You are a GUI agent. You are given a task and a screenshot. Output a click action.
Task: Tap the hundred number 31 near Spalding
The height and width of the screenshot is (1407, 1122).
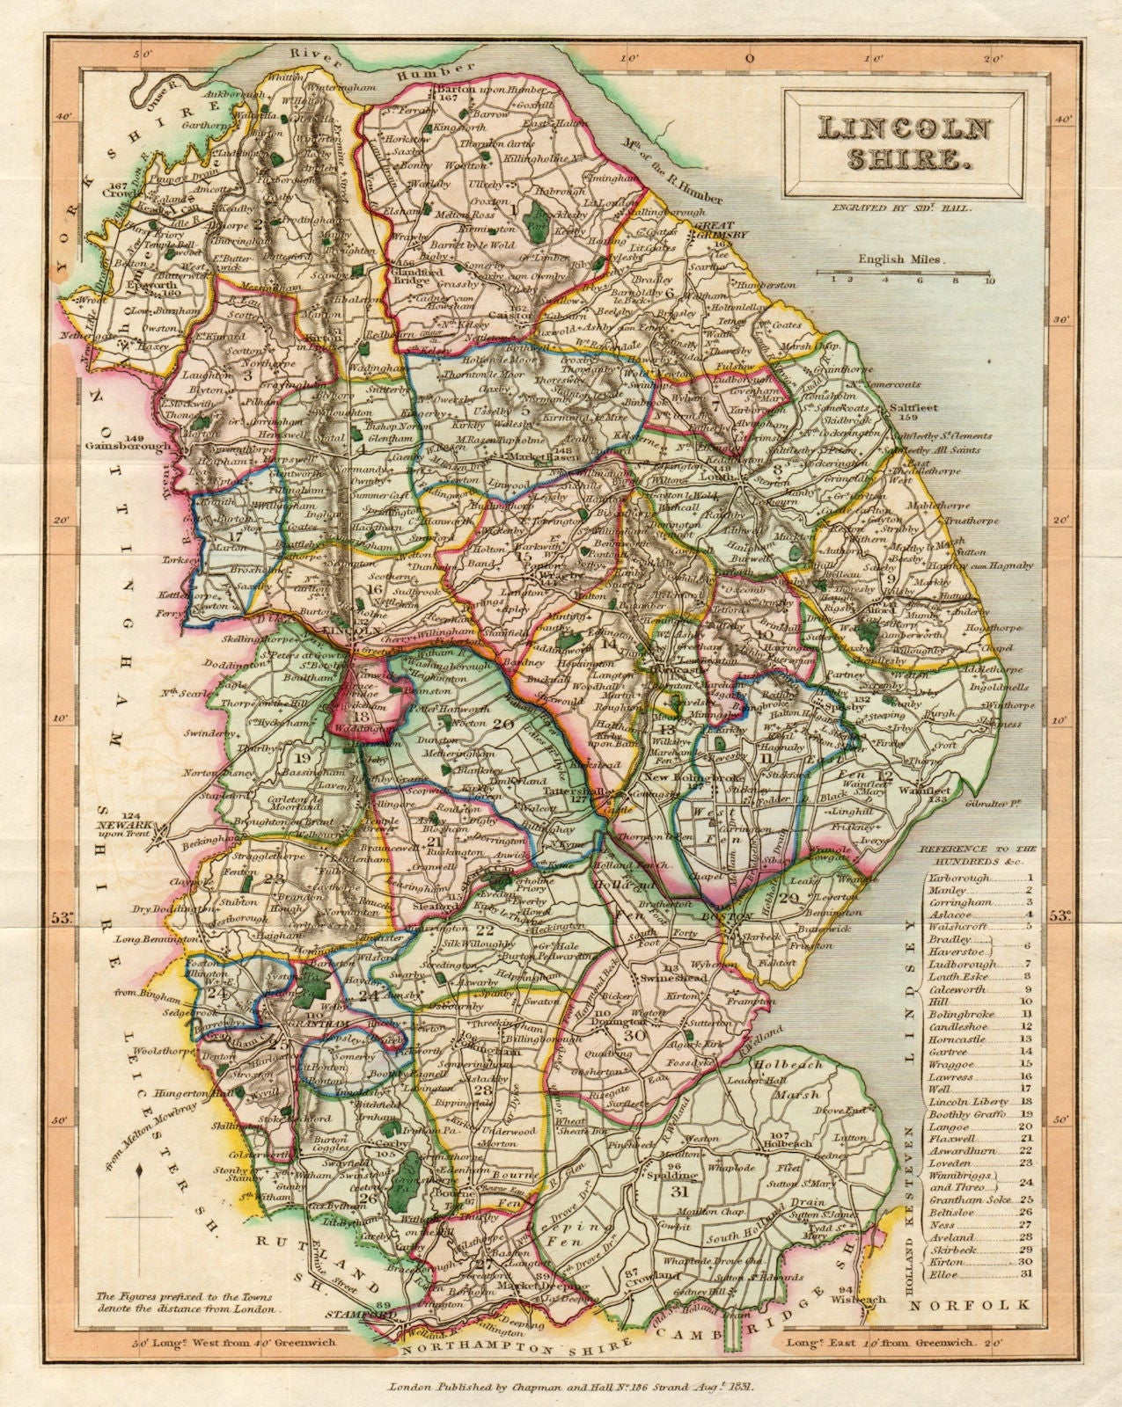click(x=678, y=1193)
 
